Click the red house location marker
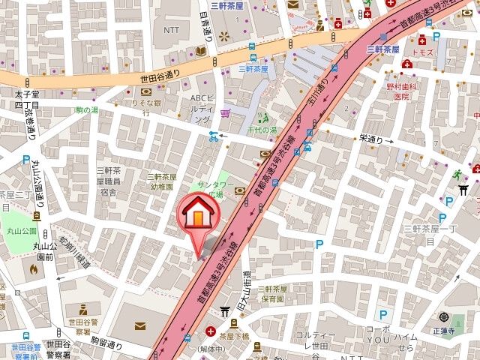196,214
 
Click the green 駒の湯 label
87,110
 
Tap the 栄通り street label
371,139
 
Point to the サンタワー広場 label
211,190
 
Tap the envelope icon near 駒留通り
140,324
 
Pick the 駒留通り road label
106,343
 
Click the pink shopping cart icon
225,112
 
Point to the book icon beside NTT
201,51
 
